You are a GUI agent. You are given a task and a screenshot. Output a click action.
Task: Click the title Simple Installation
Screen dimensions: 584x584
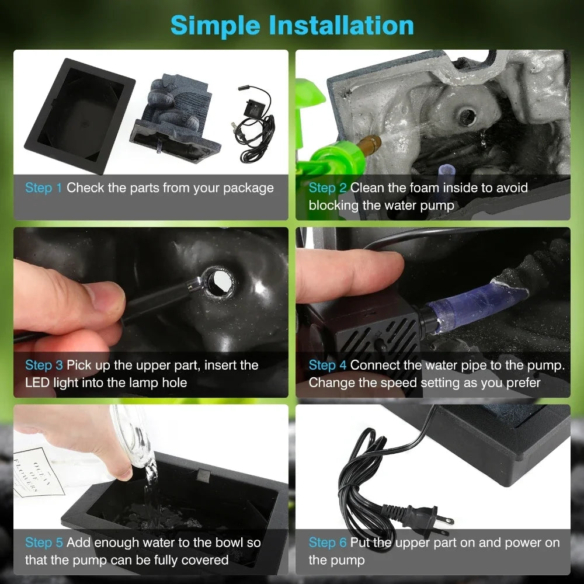coord(292,25)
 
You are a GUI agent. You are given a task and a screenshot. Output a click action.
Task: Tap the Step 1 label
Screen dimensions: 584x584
coord(43,187)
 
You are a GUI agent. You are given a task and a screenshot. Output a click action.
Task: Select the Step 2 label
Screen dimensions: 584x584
coord(328,187)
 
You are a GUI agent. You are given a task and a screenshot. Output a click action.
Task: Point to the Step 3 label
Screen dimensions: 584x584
coord(44,365)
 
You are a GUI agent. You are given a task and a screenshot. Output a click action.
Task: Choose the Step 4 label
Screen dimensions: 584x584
coord(328,365)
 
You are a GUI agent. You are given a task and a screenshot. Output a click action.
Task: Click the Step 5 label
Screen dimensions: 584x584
coord(44,543)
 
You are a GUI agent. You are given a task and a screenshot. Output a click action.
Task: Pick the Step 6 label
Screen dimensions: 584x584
coord(328,543)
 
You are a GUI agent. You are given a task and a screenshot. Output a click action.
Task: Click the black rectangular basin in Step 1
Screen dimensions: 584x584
coord(79,116)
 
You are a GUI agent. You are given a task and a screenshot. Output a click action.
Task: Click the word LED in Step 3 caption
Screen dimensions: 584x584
coord(37,383)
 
